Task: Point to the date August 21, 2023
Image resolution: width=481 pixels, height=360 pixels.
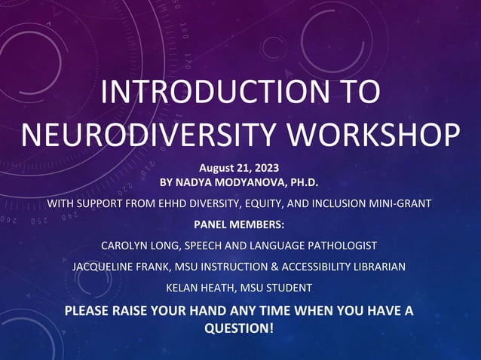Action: pos(240,166)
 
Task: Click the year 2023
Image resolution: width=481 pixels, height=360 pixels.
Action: pos(265,166)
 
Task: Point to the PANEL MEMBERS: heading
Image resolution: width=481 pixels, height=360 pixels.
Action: pos(240,224)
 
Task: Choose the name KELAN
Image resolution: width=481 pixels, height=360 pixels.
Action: pos(184,288)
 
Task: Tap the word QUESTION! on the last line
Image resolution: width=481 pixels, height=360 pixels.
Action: pos(240,328)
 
